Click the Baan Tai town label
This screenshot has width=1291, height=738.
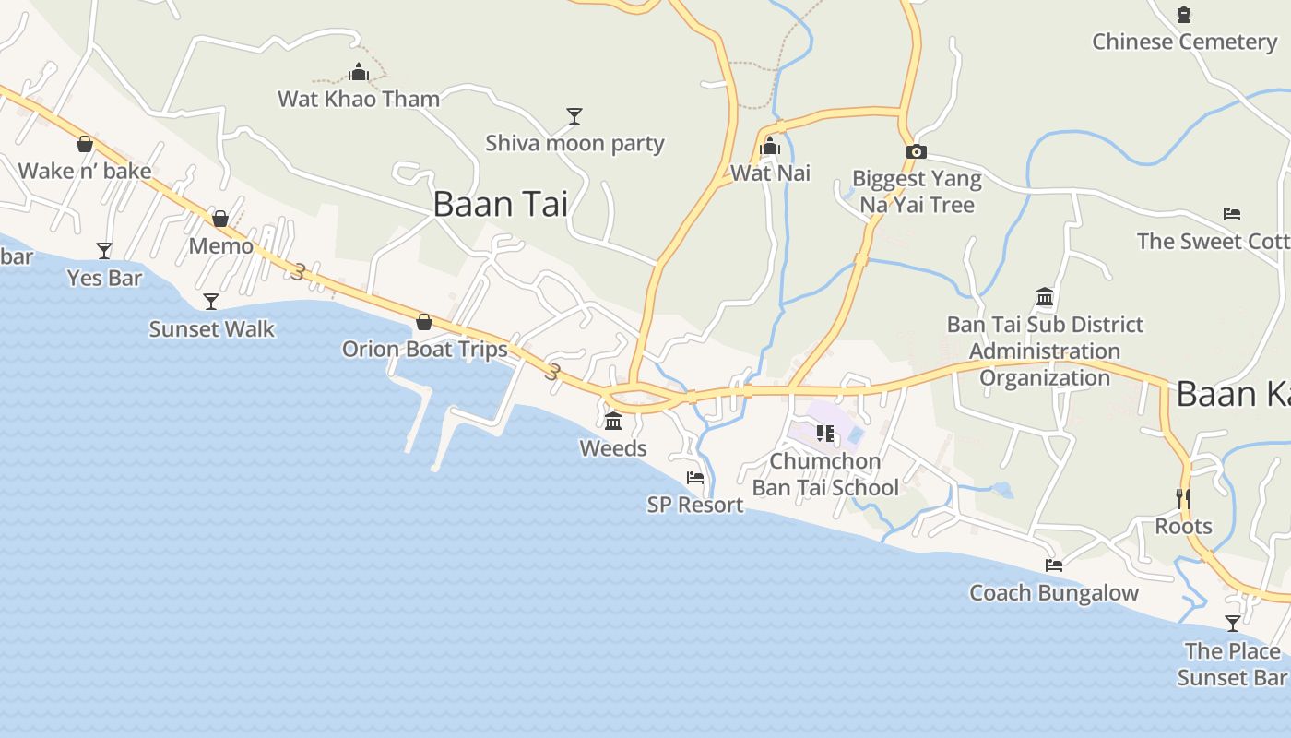[501, 204]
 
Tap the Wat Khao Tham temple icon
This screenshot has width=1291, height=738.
[359, 72]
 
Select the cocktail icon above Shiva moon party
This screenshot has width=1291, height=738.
[574, 116]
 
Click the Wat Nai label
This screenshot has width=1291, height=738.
[770, 173]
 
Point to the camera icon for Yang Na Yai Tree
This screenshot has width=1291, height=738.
[916, 152]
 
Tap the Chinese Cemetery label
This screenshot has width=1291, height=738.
[1184, 42]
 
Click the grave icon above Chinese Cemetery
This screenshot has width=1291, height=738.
[1184, 15]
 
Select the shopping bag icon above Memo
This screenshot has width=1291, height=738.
[220, 219]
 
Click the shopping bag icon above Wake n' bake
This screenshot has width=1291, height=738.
[85, 144]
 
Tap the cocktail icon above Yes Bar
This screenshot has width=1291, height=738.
[104, 250]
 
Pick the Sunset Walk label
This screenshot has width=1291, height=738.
[212, 329]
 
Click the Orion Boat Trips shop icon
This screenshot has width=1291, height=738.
[424, 322]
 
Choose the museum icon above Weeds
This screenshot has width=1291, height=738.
[613, 422]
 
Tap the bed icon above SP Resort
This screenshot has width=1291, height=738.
[695, 478]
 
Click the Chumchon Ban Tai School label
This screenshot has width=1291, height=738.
[825, 474]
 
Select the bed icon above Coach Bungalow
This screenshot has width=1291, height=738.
[1054, 565]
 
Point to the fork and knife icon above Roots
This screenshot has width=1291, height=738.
[1183, 499]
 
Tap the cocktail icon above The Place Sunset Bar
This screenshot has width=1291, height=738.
[1233, 624]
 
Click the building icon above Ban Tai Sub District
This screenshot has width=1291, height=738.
[1045, 297]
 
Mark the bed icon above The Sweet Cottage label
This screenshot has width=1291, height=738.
[1232, 214]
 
